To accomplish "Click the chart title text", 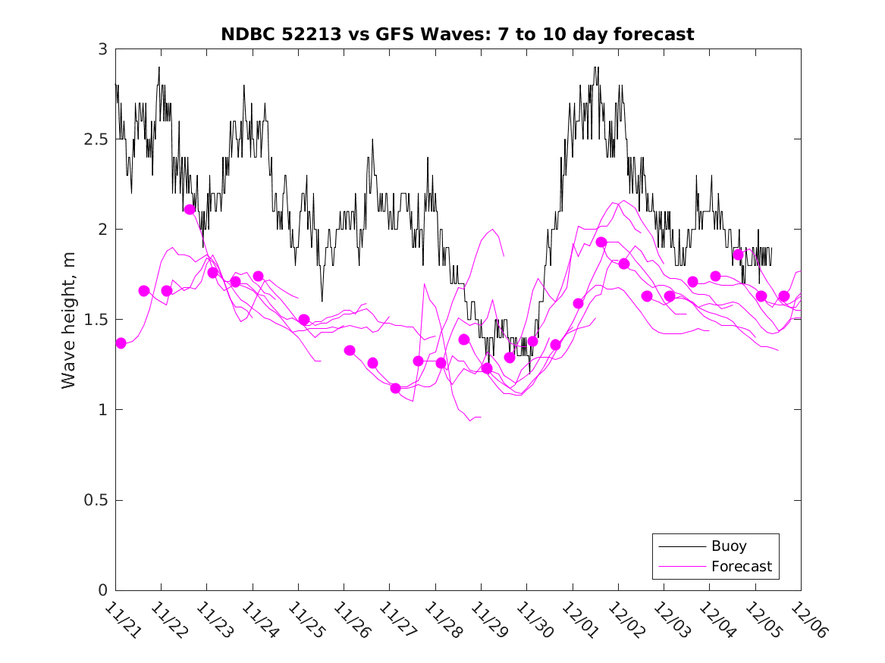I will [457, 34].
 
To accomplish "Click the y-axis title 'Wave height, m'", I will [69, 320].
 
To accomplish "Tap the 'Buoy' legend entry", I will [728, 546].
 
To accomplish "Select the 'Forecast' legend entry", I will [741, 566].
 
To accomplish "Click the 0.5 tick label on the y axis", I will [96, 500].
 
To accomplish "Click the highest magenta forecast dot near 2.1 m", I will [190, 209].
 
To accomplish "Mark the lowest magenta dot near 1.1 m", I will [395, 388].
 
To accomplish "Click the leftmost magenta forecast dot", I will [121, 343].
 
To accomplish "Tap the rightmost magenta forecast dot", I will [784, 296].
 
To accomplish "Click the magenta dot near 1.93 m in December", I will [601, 242].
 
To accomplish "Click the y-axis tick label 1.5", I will [96, 320].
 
